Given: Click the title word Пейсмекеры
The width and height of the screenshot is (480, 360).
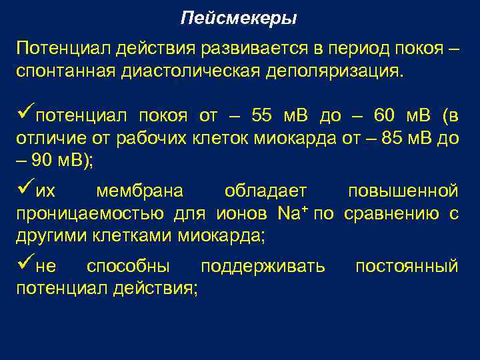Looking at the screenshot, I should tap(239, 18).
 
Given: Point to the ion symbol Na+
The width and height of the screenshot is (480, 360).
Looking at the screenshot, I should tap(291, 214).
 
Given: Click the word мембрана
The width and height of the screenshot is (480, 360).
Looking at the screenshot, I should tap(139, 191).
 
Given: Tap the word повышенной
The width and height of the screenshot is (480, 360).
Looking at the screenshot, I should tap(403, 191).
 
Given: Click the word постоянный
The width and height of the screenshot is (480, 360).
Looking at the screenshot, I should tap(406, 267).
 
